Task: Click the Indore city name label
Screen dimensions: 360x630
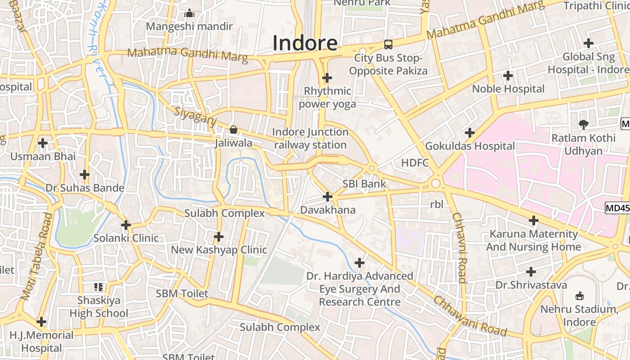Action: [x=305, y=43]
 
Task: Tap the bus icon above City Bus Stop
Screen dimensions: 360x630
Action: [x=388, y=45]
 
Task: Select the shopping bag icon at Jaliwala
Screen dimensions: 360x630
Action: [x=234, y=130]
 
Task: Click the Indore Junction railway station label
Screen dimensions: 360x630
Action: [x=310, y=139]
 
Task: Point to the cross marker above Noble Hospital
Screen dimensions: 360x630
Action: [x=508, y=76]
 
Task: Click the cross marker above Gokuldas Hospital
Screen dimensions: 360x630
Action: [x=470, y=133]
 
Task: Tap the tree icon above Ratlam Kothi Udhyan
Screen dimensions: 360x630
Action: [x=584, y=124]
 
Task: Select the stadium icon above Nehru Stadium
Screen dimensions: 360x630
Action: [x=580, y=296]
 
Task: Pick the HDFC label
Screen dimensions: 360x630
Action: [x=415, y=163]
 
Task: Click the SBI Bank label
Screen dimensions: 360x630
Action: [x=364, y=184]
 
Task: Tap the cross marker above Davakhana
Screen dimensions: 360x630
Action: [x=328, y=197]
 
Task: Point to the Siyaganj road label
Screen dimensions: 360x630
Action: [x=196, y=117]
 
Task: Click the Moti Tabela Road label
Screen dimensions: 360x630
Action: [x=36, y=257]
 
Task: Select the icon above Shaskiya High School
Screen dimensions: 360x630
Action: [x=99, y=287]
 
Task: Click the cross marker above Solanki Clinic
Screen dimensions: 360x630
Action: [x=126, y=225]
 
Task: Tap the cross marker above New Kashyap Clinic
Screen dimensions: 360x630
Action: [x=219, y=236]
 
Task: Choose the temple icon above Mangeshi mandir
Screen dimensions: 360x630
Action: [x=189, y=13]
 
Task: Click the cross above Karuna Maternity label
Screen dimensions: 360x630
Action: [x=533, y=220]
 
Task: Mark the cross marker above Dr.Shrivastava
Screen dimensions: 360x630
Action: [x=531, y=272]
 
